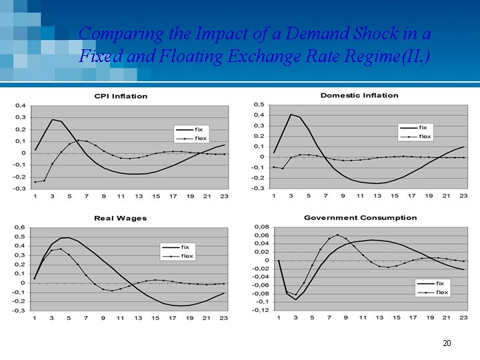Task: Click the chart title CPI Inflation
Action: (121, 96)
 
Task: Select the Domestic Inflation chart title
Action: (359, 95)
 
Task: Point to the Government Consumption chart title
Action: (360, 217)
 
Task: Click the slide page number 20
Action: (447, 343)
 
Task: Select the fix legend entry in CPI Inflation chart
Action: (199, 129)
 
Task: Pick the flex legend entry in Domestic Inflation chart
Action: (425, 137)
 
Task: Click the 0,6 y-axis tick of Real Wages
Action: (21, 227)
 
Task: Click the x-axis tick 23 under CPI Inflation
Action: (225, 196)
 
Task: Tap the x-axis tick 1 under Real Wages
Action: (35, 317)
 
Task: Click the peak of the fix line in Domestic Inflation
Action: (291, 115)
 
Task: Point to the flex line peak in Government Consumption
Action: (337, 235)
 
